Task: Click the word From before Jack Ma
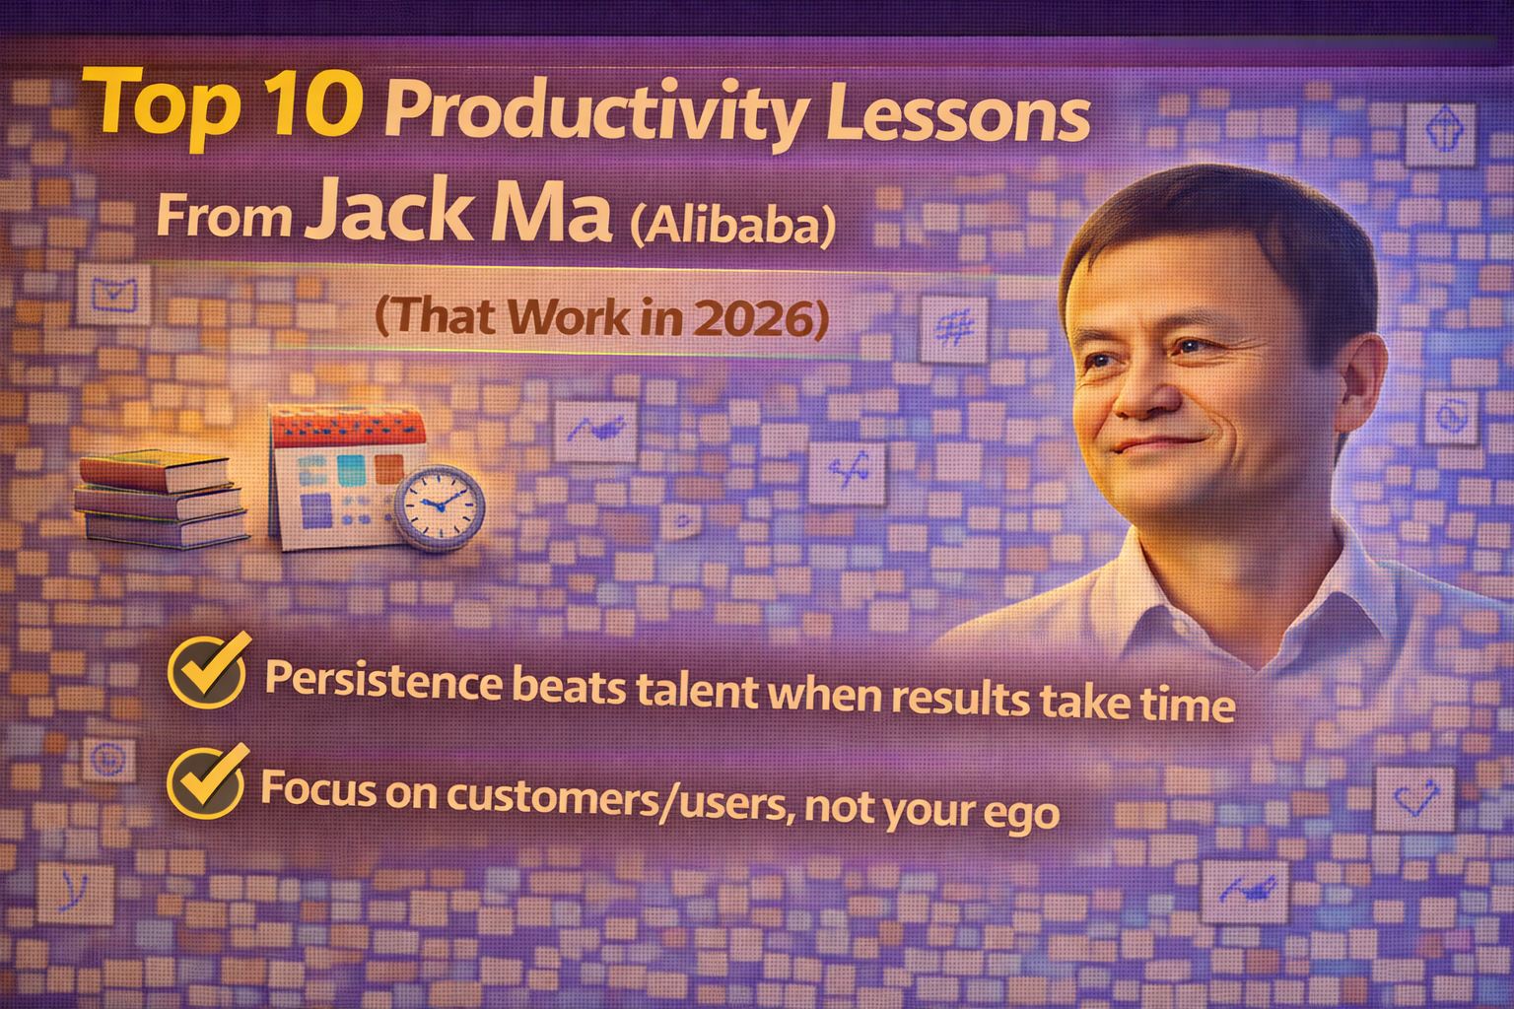pyautogui.click(x=224, y=217)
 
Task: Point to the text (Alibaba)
pyautogui.click(x=731, y=226)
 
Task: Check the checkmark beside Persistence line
pyautogui.click(x=207, y=669)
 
